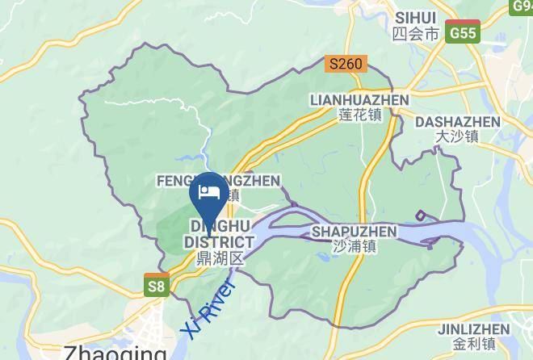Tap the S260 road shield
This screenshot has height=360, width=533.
pos(346,63)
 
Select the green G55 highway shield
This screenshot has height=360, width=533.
pos(464,32)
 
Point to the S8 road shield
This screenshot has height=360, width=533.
pos(157,285)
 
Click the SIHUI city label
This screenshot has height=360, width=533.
pos(416,17)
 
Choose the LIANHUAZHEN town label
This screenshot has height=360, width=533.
pos(359,100)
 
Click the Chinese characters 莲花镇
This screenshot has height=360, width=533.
pos(359,115)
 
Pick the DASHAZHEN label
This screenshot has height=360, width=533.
pos(456,122)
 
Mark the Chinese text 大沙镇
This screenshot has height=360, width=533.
pos(456,137)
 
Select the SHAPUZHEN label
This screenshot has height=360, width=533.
pos(354,232)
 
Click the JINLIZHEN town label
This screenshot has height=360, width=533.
pos(473,329)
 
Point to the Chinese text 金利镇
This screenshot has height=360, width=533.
pos(473,345)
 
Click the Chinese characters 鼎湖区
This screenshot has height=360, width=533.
pos(219,258)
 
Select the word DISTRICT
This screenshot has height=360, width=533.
pos(219,241)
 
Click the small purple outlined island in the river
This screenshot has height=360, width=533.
pos(421,215)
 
